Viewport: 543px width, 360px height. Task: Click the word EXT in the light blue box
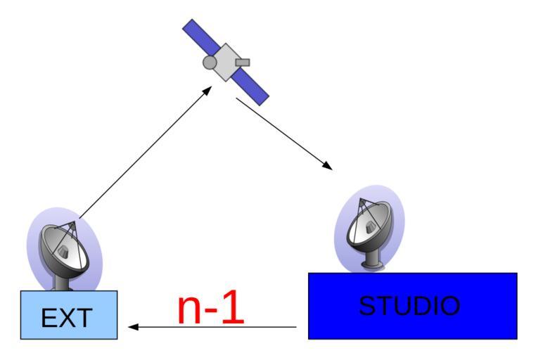[x=66, y=318]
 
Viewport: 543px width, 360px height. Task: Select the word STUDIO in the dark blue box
[x=409, y=306]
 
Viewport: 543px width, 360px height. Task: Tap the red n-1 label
[x=210, y=307]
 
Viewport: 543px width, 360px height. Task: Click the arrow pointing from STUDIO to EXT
[x=211, y=327]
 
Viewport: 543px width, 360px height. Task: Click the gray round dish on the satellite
[x=210, y=63]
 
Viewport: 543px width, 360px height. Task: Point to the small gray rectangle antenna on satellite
[x=242, y=63]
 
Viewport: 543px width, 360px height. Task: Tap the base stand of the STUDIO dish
[x=372, y=264]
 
